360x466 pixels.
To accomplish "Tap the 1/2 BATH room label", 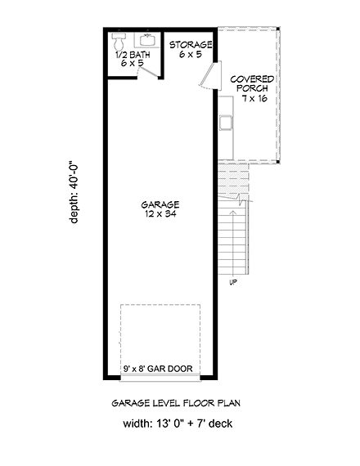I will [133, 54].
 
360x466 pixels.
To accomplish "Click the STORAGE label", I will [191, 44].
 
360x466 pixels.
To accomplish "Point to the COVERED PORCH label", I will [252, 84].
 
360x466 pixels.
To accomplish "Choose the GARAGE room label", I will [160, 204].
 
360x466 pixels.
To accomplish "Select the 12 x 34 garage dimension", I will [160, 214].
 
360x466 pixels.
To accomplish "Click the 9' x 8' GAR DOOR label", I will [158, 369].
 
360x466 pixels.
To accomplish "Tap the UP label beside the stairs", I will [235, 283].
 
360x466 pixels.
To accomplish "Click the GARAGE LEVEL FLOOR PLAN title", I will [179, 403].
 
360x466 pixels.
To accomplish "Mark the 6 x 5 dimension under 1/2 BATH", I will [133, 62].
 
